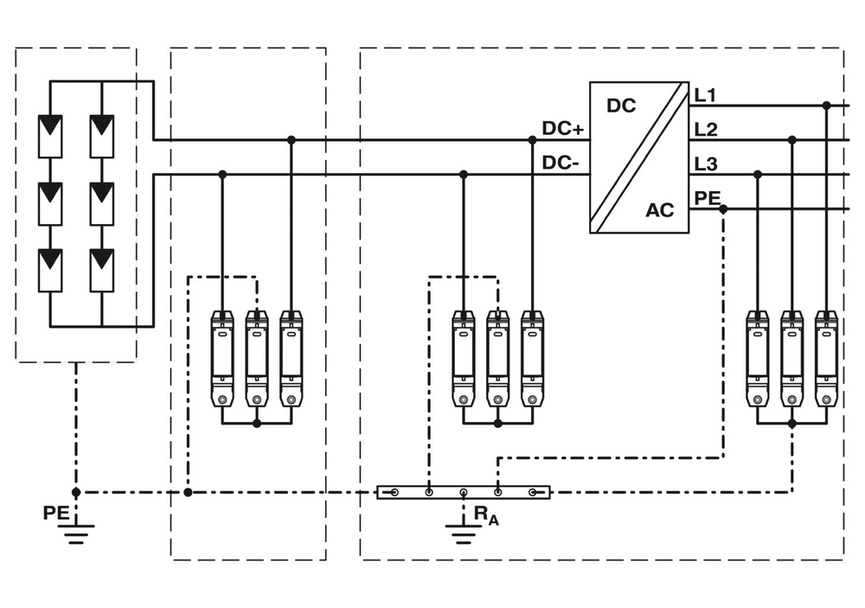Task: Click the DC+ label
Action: [x=563, y=129]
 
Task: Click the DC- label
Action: [x=561, y=163]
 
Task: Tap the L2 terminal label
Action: [x=707, y=129]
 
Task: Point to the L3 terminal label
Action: [x=707, y=163]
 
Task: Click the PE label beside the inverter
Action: [x=707, y=198]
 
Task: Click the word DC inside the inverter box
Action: [x=621, y=106]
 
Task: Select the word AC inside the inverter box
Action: [x=659, y=210]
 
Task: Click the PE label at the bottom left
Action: [x=55, y=513]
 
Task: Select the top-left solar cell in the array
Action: [x=50, y=136]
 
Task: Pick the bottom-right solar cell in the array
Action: [x=102, y=269]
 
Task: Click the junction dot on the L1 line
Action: [x=826, y=106]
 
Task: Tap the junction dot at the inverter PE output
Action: [x=723, y=209]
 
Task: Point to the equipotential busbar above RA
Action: [x=463, y=492]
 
